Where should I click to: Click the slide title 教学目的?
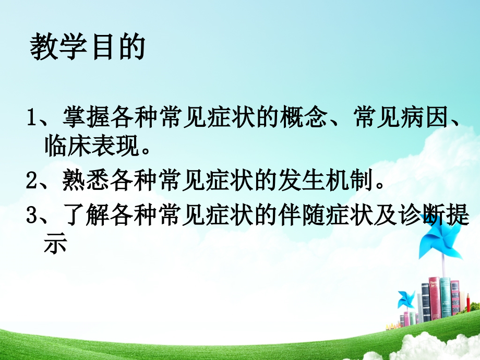(87, 48)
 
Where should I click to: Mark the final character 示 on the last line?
(56, 244)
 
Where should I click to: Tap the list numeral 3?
(31, 216)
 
